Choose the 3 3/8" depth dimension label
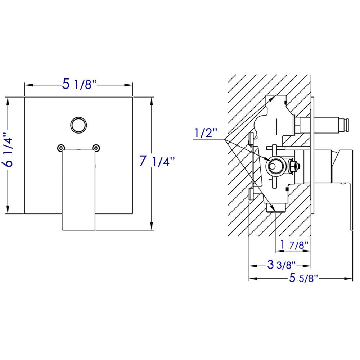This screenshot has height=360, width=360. coord(281,266)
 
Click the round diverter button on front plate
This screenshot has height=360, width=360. coord(78,125)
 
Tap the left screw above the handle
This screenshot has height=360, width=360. coord(61,147)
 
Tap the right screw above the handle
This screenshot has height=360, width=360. coord(96,147)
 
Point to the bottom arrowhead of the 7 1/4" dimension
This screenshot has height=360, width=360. coord(151,227)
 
